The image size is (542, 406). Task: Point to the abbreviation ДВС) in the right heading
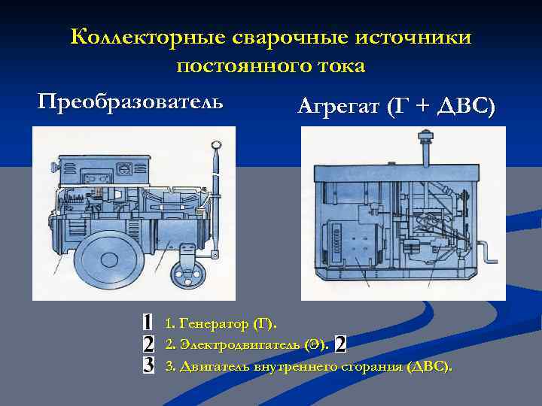click(466, 108)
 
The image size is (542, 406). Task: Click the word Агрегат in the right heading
click(338, 108)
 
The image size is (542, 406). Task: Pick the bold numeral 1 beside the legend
click(148, 323)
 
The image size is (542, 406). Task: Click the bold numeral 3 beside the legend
click(148, 366)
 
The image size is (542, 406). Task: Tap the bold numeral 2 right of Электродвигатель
click(340, 344)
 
